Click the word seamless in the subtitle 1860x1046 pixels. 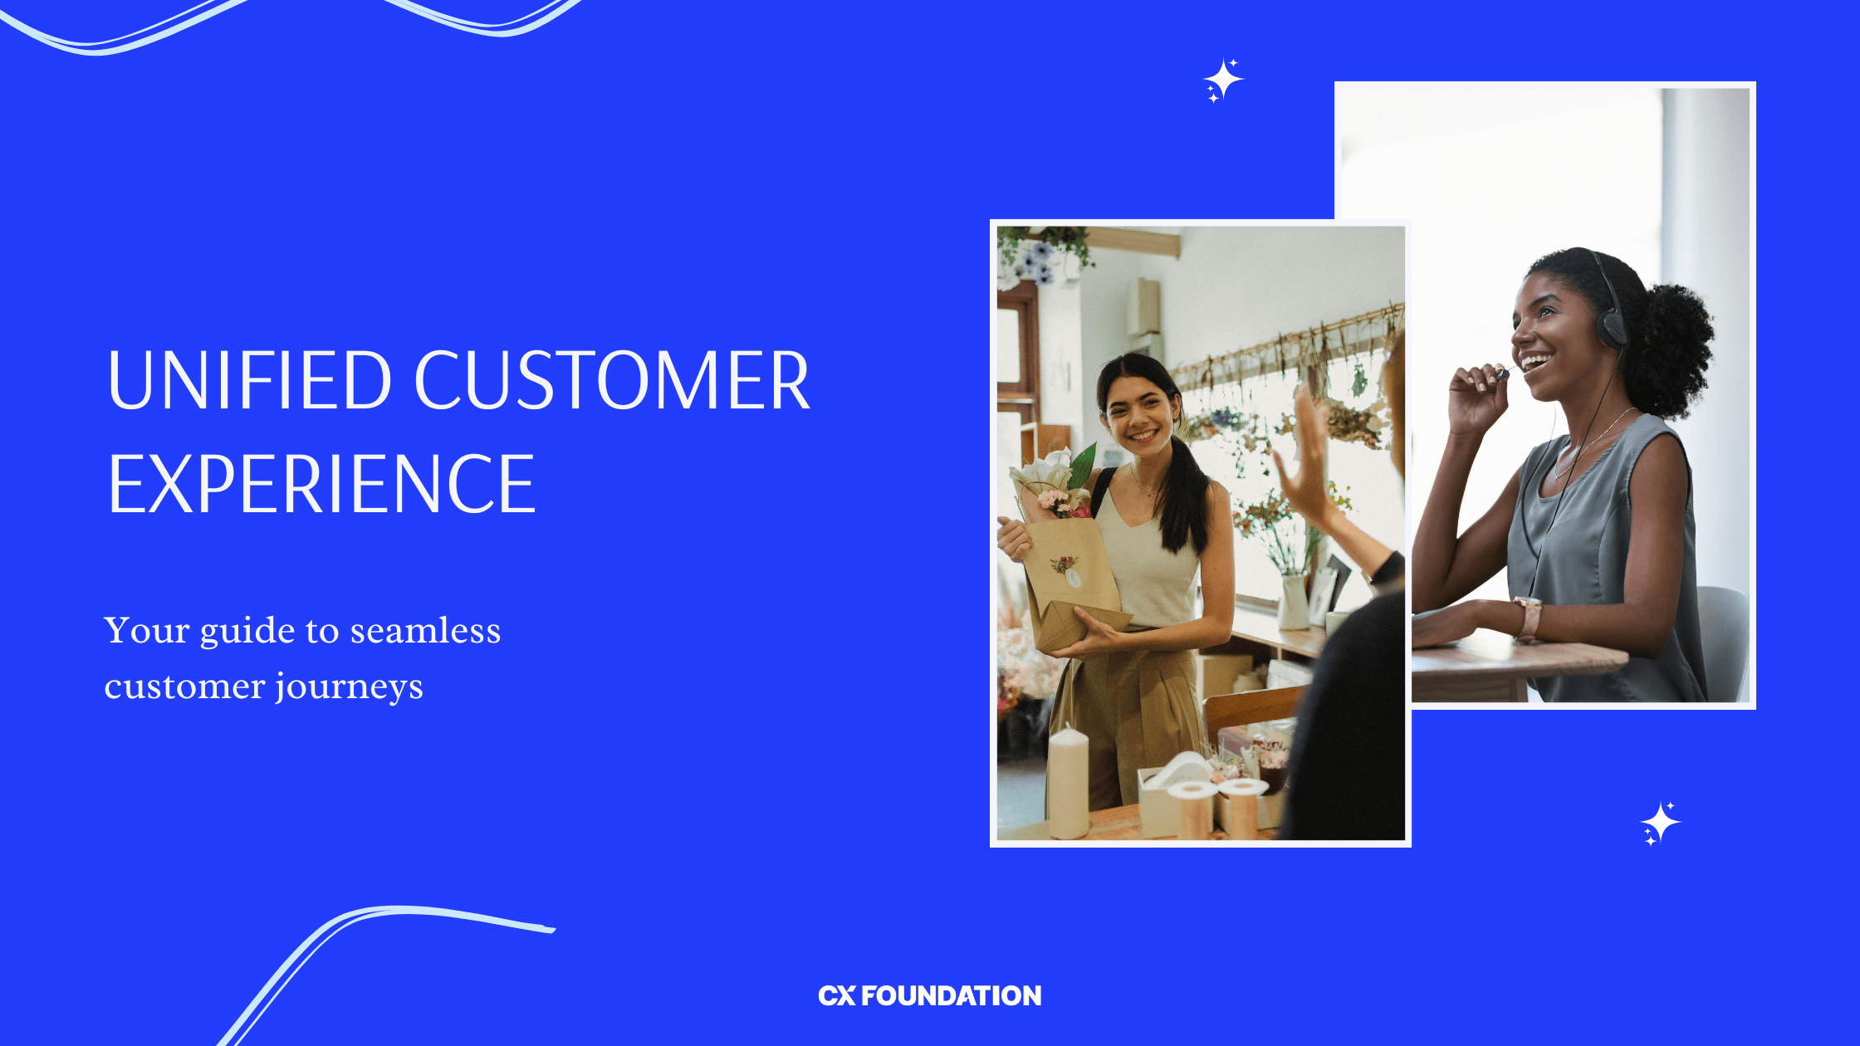pyautogui.click(x=425, y=631)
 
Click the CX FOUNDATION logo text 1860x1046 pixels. pyautogui.click(x=929, y=995)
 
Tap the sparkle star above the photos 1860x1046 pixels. pyautogui.click(x=1223, y=80)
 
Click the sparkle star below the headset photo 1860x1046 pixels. pyautogui.click(x=1660, y=823)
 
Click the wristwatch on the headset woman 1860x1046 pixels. pyautogui.click(x=1527, y=618)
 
